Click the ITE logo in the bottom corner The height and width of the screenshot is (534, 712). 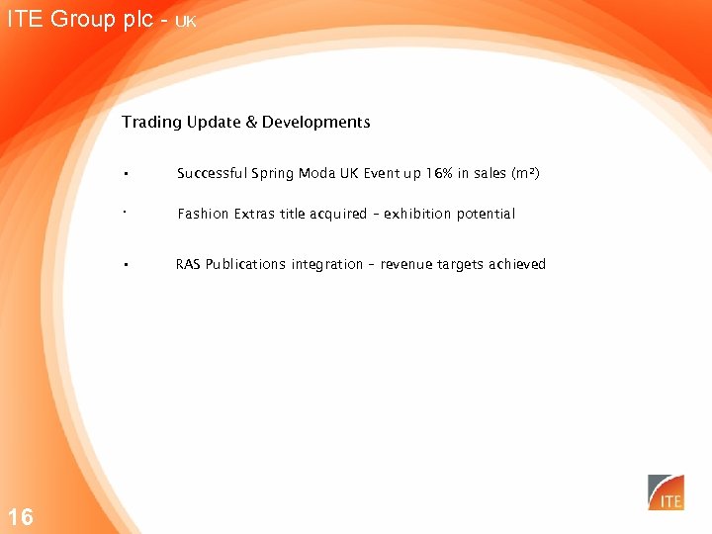666,492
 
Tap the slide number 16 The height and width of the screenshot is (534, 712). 20,516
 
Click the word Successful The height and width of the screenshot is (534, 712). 212,174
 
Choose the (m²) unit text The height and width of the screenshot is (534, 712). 524,174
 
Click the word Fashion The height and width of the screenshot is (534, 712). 203,214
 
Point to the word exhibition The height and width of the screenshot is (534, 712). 418,214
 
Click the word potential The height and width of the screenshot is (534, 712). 486,214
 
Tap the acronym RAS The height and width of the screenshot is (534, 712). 188,264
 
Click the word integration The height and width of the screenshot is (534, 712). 326,264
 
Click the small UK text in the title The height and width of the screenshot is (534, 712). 186,22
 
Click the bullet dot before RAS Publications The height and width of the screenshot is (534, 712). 127,265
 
